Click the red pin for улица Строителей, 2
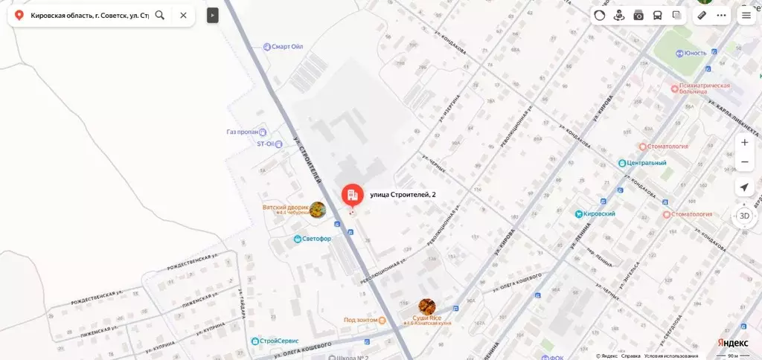(352, 196)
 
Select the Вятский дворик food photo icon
(318, 210)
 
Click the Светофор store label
(316, 239)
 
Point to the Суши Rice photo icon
(426, 306)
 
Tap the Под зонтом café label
(360, 321)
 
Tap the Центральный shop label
(646, 162)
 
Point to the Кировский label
(600, 214)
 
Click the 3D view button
(744, 216)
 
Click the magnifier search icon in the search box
(160, 15)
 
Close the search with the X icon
(183, 15)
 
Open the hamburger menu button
(746, 15)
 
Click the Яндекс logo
(732, 343)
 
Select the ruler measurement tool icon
(702, 15)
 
